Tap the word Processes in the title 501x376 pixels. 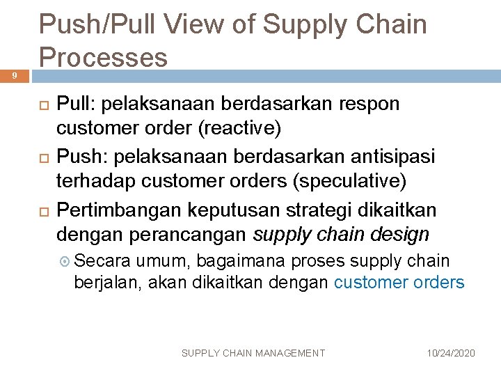103,57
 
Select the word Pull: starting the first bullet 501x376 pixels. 76,104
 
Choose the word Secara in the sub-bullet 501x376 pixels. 101,261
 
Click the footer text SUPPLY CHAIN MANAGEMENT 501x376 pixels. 253,353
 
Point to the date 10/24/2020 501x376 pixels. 452,353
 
